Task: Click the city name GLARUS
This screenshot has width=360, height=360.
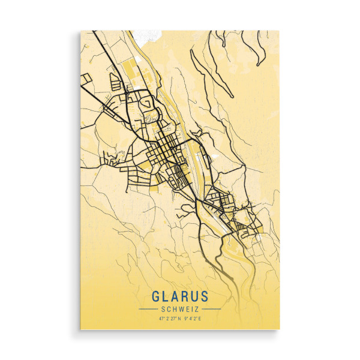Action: [180, 296]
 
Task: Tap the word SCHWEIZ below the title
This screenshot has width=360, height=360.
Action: [180, 308]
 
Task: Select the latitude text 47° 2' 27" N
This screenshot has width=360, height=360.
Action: [169, 318]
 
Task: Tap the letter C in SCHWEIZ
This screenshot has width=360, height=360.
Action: [168, 308]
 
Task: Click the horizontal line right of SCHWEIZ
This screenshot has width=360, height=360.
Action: [211, 308]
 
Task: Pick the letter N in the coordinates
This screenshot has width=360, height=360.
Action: [178, 318]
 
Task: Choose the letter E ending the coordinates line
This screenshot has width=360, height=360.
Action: [200, 318]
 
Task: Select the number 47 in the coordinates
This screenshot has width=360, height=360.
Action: [161, 318]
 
